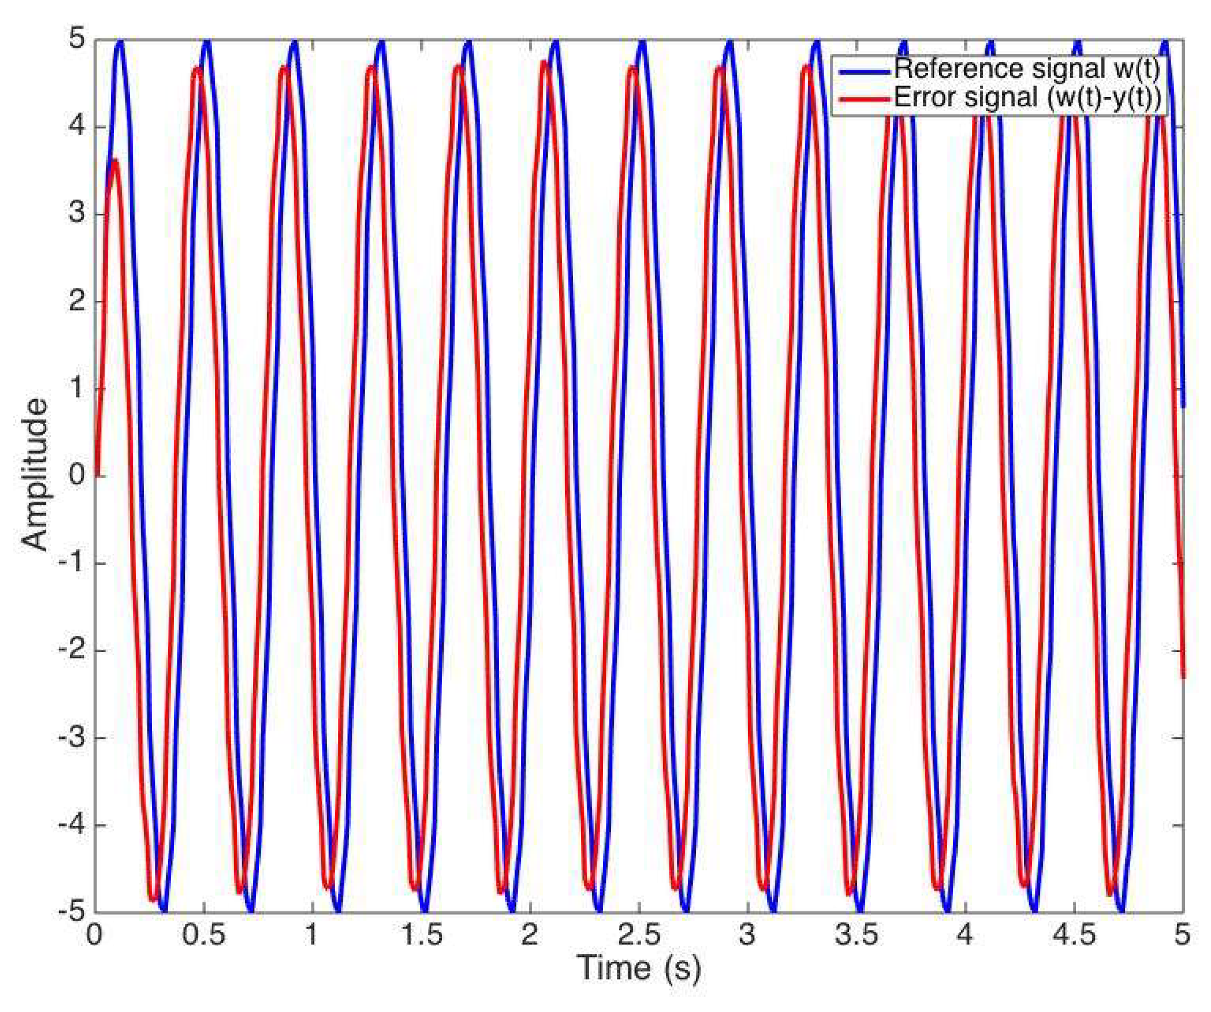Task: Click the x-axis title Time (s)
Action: [x=638, y=968]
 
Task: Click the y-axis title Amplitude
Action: [x=36, y=475]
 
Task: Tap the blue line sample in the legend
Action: [x=863, y=70]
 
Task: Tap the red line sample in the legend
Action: [x=863, y=99]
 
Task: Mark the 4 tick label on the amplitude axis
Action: [x=78, y=127]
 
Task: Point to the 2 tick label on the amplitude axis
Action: [x=78, y=301]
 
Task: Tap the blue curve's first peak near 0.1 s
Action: [x=120, y=43]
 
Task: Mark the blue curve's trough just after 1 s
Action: [x=337, y=909]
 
